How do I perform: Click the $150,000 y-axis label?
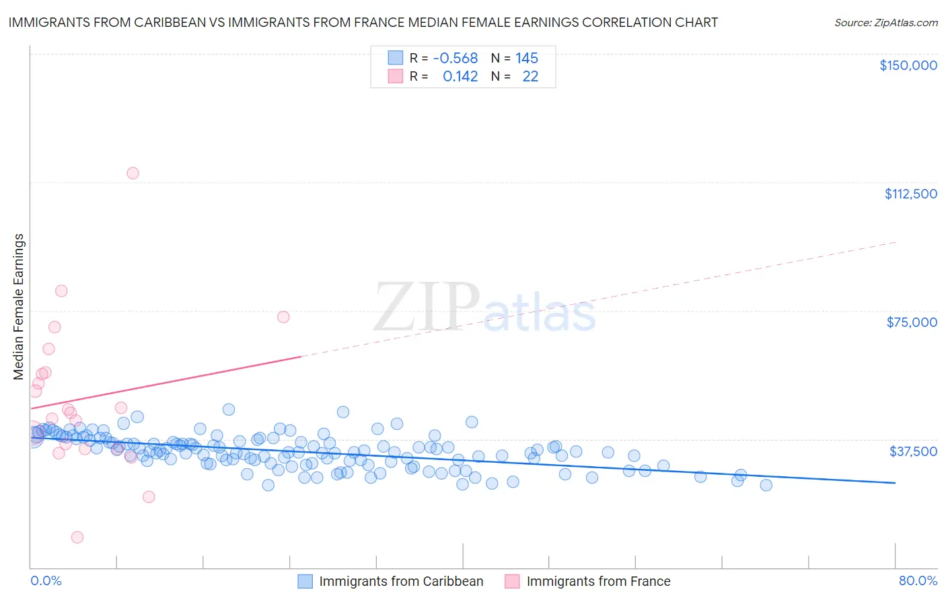pyautogui.click(x=908, y=65)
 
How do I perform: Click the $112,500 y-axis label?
pyautogui.click(x=910, y=194)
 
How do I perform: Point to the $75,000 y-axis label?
pyautogui.click(x=912, y=322)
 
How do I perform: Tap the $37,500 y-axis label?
pyautogui.click(x=913, y=451)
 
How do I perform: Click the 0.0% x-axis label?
pyautogui.click(x=46, y=580)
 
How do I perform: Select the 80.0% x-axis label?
pyautogui.click(x=918, y=580)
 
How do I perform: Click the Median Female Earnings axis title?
pyautogui.click(x=19, y=307)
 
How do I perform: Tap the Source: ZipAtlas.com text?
pyautogui.click(x=885, y=22)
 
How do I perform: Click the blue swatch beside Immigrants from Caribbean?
pyautogui.click(x=305, y=581)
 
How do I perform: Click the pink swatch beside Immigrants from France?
pyautogui.click(x=513, y=581)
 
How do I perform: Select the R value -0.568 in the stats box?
pyautogui.click(x=456, y=58)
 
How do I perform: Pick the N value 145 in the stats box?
pyautogui.click(x=527, y=58)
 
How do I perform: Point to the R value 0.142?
pyautogui.click(x=460, y=77)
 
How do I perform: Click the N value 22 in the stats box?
pyautogui.click(x=530, y=77)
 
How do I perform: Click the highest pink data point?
pyautogui.click(x=133, y=173)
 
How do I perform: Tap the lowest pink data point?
pyautogui.click(x=77, y=537)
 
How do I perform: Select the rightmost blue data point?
pyautogui.click(x=766, y=485)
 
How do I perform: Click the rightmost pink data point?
pyautogui.click(x=283, y=317)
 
